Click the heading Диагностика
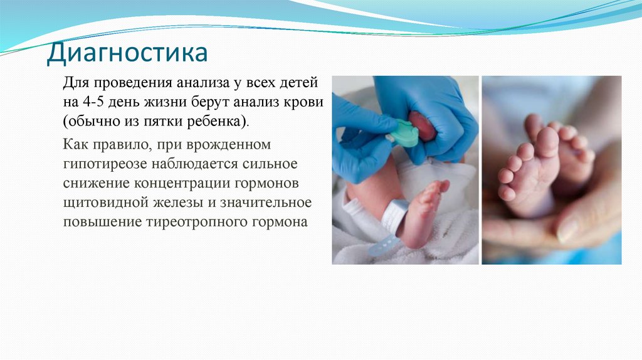(x=127, y=53)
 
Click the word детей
(x=300, y=82)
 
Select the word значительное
(x=270, y=203)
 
